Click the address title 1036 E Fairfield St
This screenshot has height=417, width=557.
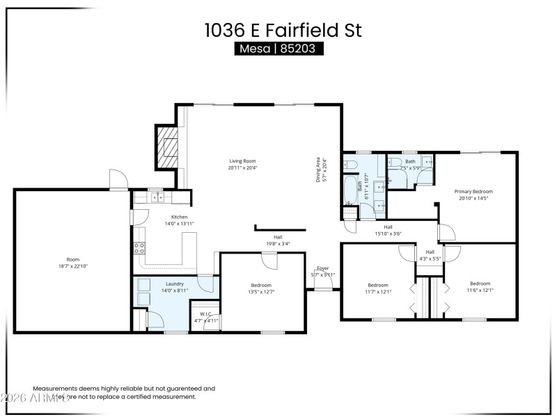click(283, 29)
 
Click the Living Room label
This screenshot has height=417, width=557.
click(243, 161)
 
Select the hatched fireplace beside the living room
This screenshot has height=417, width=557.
click(168, 147)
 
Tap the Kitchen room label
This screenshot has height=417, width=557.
click(159, 217)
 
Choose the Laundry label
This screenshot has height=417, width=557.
click(175, 284)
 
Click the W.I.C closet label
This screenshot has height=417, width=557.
click(205, 314)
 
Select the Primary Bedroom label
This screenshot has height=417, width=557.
click(473, 191)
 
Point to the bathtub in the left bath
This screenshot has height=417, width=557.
click(350, 188)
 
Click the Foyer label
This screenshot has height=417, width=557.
click(322, 268)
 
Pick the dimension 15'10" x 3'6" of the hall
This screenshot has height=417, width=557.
click(388, 233)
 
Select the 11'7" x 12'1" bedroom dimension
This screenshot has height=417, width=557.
click(379, 291)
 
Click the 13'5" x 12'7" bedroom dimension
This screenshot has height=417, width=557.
click(262, 292)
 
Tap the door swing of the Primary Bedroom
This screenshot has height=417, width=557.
click(446, 232)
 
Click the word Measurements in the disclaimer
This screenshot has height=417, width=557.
click(54, 389)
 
